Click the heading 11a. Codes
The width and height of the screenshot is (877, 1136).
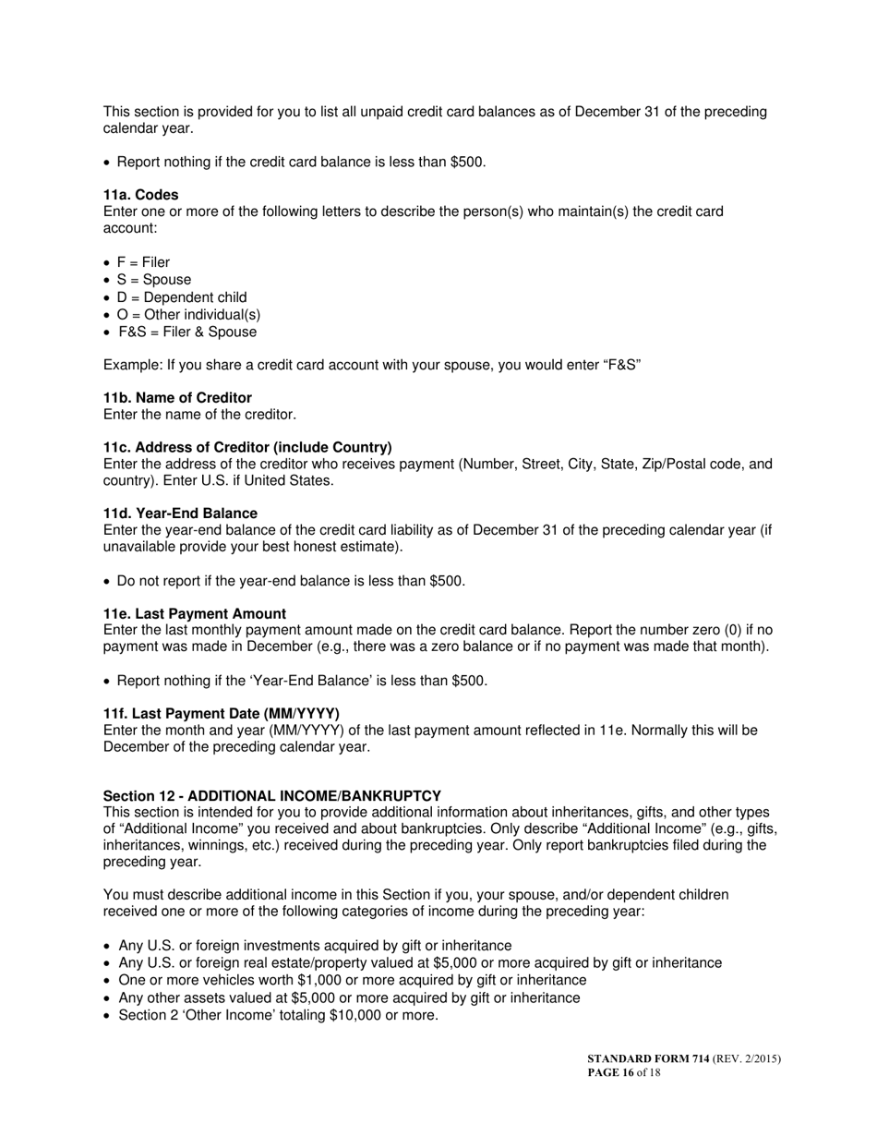pos(140,195)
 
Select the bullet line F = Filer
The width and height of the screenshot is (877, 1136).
pos(143,262)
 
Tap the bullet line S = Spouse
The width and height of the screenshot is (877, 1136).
pos(154,280)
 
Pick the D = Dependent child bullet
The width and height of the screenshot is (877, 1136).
pos(182,297)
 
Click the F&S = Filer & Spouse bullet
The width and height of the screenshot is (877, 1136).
pos(187,332)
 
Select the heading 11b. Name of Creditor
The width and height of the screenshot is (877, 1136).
pos(177,398)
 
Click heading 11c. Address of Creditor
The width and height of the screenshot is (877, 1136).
pos(247,447)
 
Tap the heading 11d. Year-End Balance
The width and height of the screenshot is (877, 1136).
pos(180,514)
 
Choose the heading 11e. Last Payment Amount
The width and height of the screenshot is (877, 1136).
pos(194,614)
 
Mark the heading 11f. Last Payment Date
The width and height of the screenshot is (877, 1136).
pos(221,714)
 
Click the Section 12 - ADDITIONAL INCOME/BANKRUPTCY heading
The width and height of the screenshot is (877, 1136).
pos(271,796)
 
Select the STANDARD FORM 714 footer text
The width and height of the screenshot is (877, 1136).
pos(648,1059)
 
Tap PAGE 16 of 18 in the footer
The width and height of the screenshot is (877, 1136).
pos(623,1073)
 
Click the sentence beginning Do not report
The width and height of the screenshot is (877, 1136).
pos(291,581)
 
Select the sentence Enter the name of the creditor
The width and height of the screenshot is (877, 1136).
pos(199,415)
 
